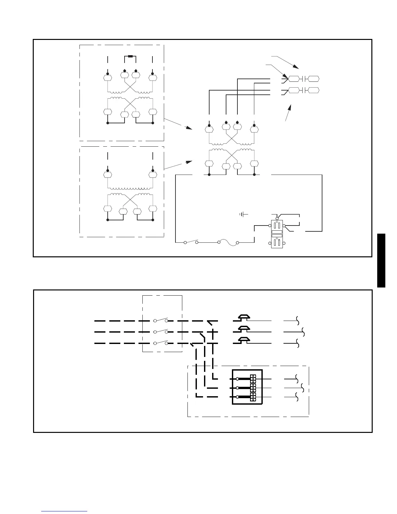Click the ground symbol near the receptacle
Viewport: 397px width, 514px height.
[243, 214]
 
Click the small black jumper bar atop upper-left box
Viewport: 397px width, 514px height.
[130, 56]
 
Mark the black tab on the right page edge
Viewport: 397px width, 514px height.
[381, 260]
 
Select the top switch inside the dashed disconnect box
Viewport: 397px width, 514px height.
[161, 320]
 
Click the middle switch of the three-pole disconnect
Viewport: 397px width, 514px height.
[161, 331]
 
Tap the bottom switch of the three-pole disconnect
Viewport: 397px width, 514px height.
[161, 343]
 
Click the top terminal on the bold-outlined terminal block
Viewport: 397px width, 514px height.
[253, 379]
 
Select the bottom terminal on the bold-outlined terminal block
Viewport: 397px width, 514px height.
[253, 397]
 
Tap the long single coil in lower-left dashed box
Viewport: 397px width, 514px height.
[130, 188]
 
